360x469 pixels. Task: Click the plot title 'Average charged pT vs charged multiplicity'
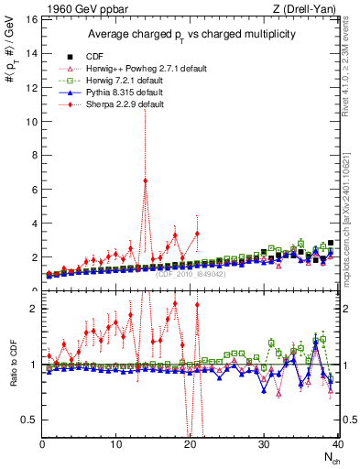pyautogui.click(x=189, y=34)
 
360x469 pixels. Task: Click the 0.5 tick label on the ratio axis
pyautogui.click(x=29, y=420)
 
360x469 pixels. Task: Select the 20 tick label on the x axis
pyautogui.click(x=190, y=444)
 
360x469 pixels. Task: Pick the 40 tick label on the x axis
pyautogui.click(x=336, y=444)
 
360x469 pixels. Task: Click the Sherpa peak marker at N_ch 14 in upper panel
pyautogui.click(x=146, y=180)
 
